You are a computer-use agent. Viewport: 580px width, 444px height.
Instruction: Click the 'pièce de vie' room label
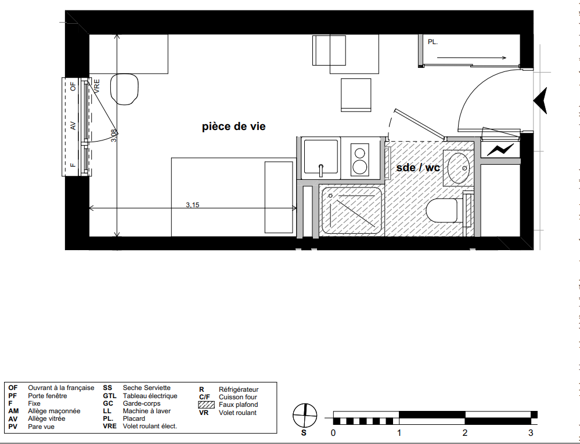[x=234, y=127]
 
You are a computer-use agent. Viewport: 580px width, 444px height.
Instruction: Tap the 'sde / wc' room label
[x=418, y=168]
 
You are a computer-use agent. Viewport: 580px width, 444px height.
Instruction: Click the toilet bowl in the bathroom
[x=442, y=211]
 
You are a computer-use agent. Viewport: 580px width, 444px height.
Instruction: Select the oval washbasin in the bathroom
[x=459, y=168]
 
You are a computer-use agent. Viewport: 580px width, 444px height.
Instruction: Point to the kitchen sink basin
[x=320, y=157]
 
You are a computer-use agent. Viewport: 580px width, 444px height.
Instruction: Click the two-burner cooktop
[x=360, y=160]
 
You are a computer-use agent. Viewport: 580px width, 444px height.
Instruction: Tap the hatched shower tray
[x=351, y=211]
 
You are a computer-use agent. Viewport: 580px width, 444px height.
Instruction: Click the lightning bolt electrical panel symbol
[x=500, y=150]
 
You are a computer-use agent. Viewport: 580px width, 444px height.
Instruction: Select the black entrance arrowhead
[x=541, y=100]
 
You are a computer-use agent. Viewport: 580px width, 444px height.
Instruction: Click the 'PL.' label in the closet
[x=433, y=42]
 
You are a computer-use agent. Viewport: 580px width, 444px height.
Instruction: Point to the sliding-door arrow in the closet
[x=471, y=57]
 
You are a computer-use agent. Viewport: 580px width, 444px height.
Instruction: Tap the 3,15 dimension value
[x=192, y=204]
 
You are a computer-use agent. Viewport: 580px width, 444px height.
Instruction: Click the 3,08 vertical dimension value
[x=114, y=135]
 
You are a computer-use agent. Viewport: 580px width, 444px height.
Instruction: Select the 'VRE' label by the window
[x=96, y=86]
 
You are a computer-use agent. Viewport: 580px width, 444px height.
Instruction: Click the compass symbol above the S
[x=305, y=416]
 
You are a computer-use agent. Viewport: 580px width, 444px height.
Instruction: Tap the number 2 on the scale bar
[x=465, y=432]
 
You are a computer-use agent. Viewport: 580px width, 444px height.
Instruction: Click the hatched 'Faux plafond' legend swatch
[x=207, y=405]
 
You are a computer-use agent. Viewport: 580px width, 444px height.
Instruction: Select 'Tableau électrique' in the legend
[x=150, y=396]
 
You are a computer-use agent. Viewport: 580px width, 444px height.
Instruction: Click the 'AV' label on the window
[x=73, y=126]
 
